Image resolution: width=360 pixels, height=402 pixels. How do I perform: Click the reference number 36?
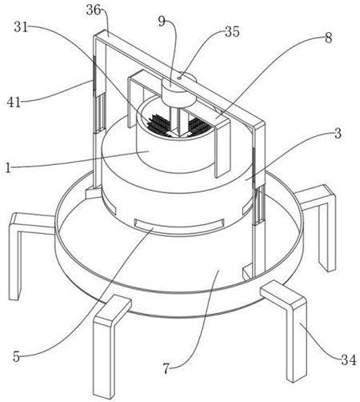(x=94, y=10)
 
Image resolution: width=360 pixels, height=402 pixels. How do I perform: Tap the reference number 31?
(x=21, y=27)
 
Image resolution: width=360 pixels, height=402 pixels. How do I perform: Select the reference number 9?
(x=162, y=22)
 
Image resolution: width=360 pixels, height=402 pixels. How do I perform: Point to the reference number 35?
(x=232, y=32)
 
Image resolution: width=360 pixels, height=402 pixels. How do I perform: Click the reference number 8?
(x=329, y=38)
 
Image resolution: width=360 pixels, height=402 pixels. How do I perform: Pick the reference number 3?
(x=338, y=134)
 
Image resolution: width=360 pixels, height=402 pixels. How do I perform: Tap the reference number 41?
(x=14, y=102)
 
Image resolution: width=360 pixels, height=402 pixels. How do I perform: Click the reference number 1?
(x=8, y=168)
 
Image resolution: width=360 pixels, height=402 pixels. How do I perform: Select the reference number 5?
(x=17, y=356)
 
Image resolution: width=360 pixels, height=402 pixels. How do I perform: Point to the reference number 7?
(x=166, y=369)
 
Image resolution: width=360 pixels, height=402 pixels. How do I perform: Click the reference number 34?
(x=349, y=360)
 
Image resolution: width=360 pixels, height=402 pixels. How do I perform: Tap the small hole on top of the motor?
(x=179, y=78)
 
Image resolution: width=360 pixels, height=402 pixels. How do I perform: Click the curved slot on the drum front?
(x=179, y=223)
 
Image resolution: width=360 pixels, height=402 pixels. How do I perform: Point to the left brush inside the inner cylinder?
(x=158, y=123)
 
